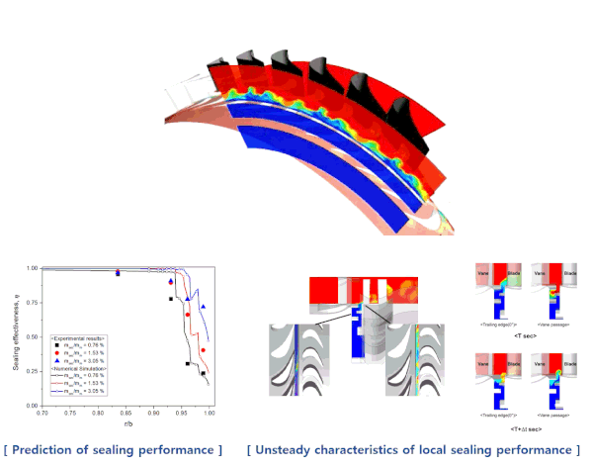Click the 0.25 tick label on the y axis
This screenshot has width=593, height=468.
[35, 372]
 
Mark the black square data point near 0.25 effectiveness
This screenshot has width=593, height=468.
[204, 374]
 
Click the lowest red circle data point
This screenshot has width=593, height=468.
[204, 350]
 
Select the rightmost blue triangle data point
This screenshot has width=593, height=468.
[204, 307]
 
